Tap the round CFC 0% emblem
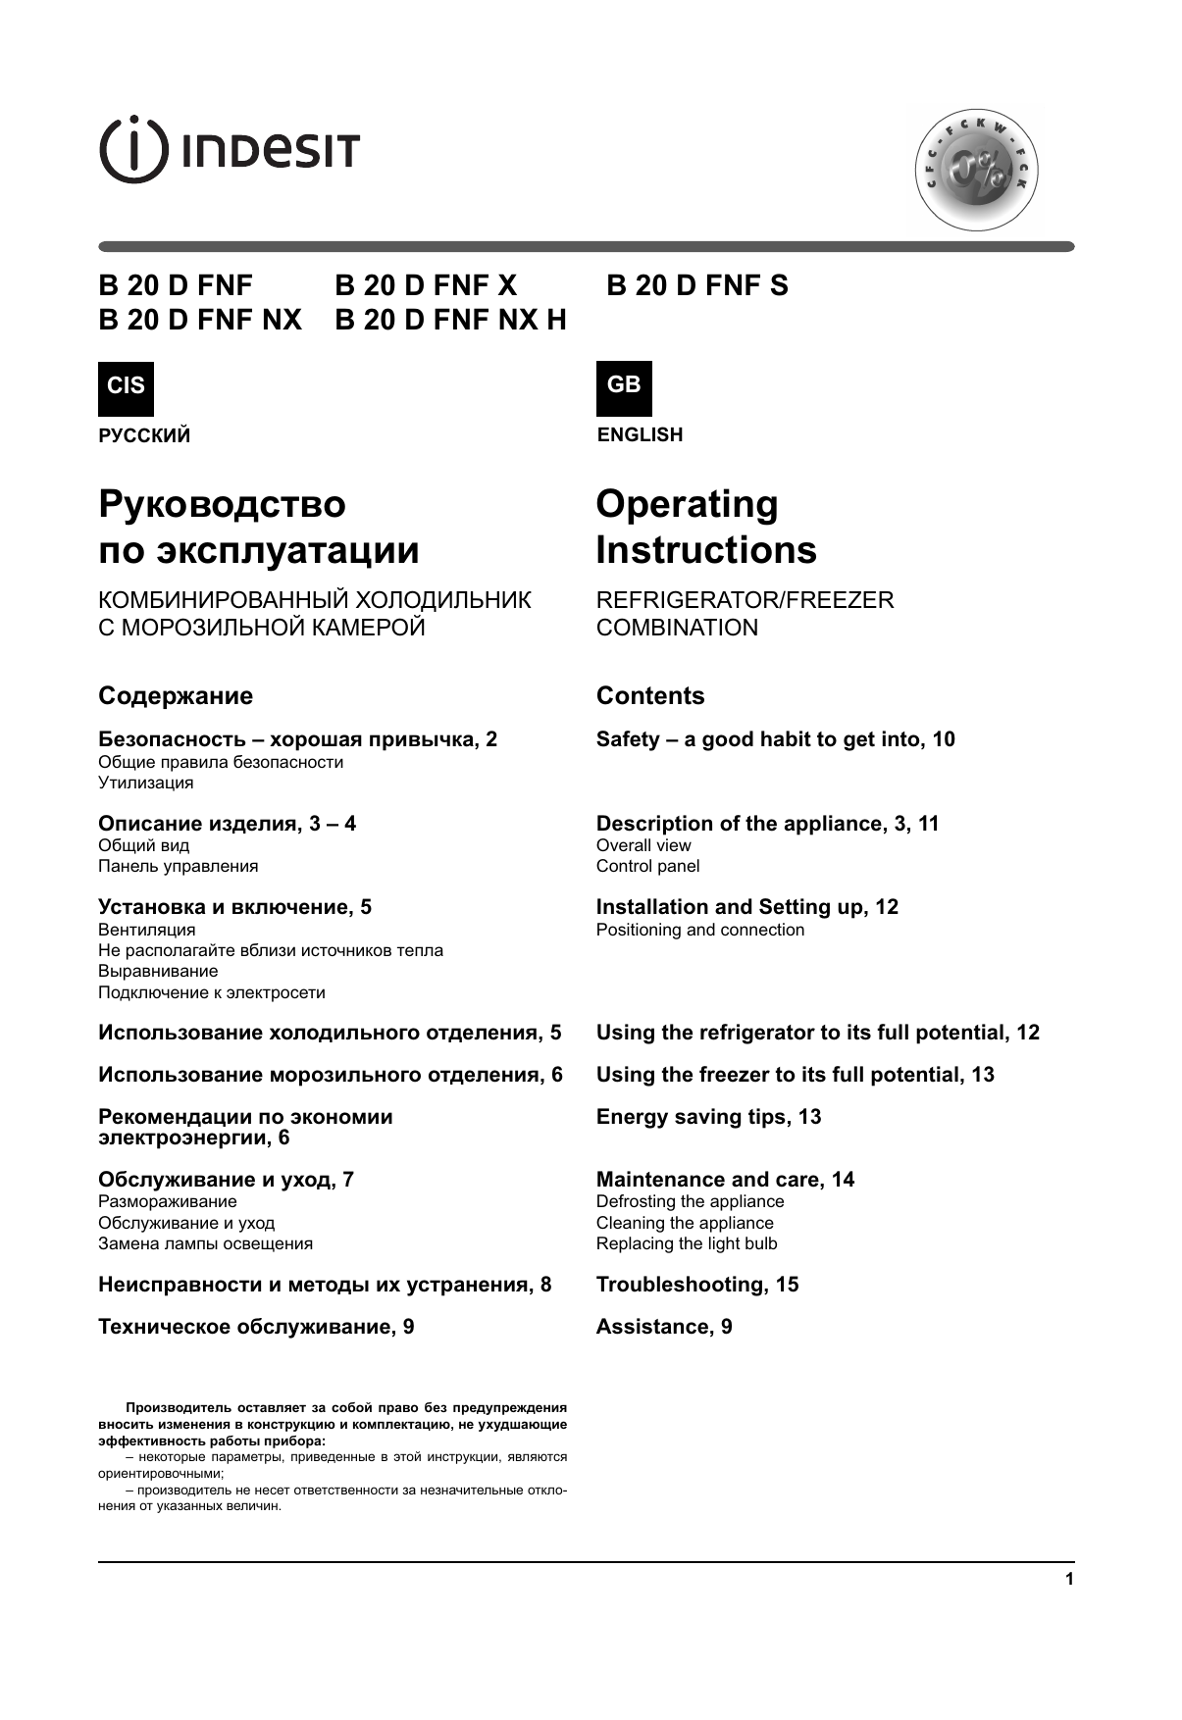976,172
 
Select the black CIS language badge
126,386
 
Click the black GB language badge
624,386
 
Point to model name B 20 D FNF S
697,286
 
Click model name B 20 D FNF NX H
450,321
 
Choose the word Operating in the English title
687,504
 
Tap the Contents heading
650,696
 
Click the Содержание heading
176,696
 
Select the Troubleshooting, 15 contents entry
697,1285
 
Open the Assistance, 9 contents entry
664,1327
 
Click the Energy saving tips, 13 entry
708,1117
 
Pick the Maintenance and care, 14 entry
725,1180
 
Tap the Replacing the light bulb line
687,1243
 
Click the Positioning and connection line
700,930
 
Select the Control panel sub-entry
648,866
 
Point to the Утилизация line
146,783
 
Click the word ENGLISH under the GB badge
640,435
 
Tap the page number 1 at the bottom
1069,1580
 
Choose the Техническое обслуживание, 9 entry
256,1327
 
